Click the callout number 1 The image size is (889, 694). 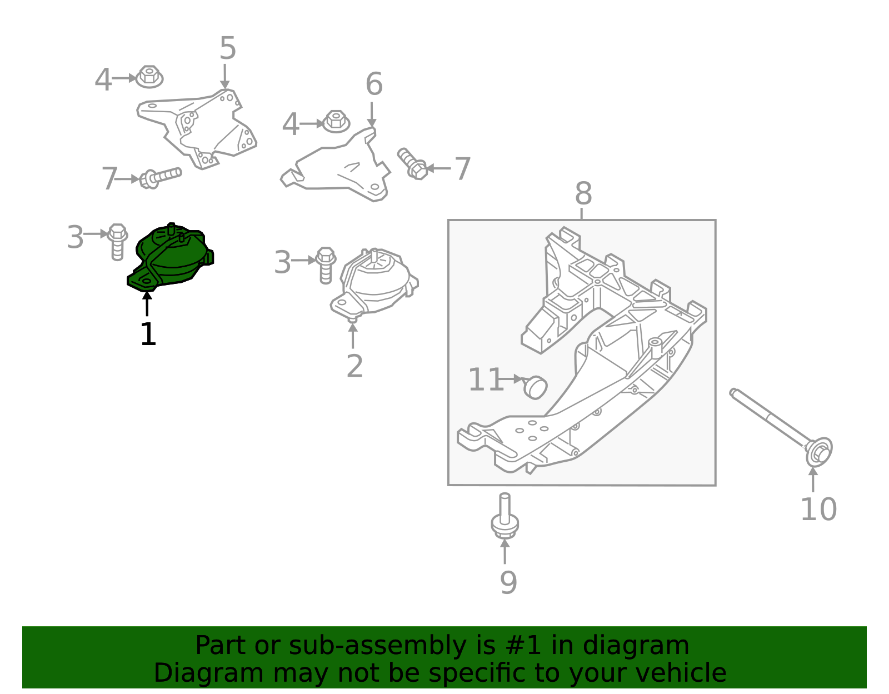click(x=148, y=334)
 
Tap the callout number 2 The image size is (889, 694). click(x=354, y=366)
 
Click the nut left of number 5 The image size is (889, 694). click(x=149, y=77)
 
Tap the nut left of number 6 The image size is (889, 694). click(x=336, y=121)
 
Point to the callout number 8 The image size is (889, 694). click(x=583, y=194)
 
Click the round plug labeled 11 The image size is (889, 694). click(x=536, y=387)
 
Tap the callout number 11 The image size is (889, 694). click(x=485, y=380)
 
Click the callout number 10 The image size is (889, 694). click(x=818, y=509)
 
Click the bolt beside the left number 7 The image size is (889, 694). click(x=161, y=177)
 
